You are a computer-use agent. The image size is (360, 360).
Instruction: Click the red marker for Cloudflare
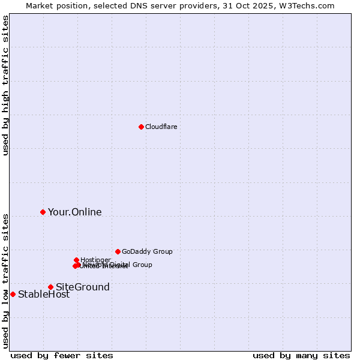(141, 127)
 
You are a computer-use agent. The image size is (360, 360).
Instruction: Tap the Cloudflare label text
(161, 127)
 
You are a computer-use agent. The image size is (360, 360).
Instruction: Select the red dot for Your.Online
(43, 212)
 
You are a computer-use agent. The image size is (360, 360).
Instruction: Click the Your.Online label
(75, 212)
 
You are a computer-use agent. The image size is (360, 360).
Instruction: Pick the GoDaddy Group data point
(118, 251)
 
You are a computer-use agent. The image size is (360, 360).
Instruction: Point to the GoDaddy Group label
(147, 251)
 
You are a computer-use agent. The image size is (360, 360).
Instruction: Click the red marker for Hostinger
(76, 260)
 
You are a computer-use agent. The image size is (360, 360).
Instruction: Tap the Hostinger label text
(95, 260)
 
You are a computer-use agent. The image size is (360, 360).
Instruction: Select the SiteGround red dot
(50, 287)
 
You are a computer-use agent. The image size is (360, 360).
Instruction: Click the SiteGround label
(83, 287)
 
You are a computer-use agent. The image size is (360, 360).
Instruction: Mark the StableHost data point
(13, 294)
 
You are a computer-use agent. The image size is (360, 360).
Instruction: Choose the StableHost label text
(44, 294)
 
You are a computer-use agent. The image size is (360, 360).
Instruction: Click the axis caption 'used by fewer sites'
(62, 355)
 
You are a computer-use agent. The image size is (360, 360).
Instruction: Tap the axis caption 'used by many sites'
(301, 355)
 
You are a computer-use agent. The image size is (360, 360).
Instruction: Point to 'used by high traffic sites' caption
(5, 85)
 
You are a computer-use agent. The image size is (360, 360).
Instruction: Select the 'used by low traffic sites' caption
(5, 280)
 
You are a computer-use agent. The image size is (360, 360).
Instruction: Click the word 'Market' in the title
(39, 5)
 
